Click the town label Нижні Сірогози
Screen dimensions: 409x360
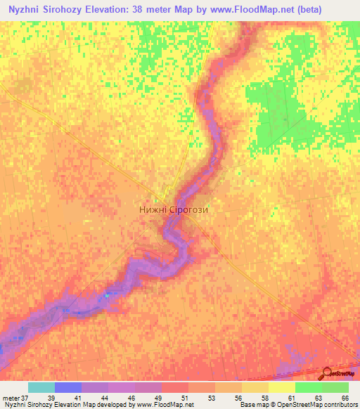coord(174,209)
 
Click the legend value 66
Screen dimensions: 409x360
coord(345,398)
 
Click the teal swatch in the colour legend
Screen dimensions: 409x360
coord(41,387)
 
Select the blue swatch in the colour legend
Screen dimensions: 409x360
coord(68,387)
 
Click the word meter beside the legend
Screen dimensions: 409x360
coord(11,398)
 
